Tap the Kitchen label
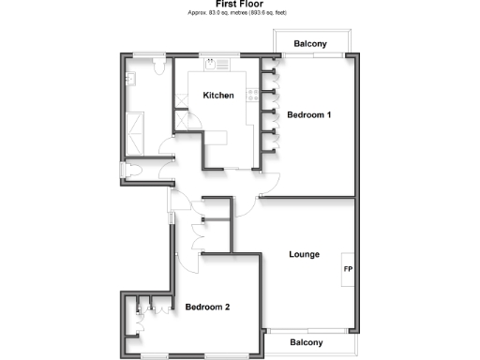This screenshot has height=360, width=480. coord(218,96)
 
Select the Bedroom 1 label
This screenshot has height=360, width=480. coord(308,115)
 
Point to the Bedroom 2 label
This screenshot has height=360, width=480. coord(207,307)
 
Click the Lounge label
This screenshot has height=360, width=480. coord(305,254)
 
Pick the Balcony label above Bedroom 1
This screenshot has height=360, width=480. coord(309,44)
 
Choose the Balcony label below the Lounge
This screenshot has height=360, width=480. coord(306,342)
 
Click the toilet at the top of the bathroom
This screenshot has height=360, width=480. coord(159,67)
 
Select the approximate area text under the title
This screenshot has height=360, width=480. coord(238,12)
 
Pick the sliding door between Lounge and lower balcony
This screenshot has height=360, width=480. coord(309,331)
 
